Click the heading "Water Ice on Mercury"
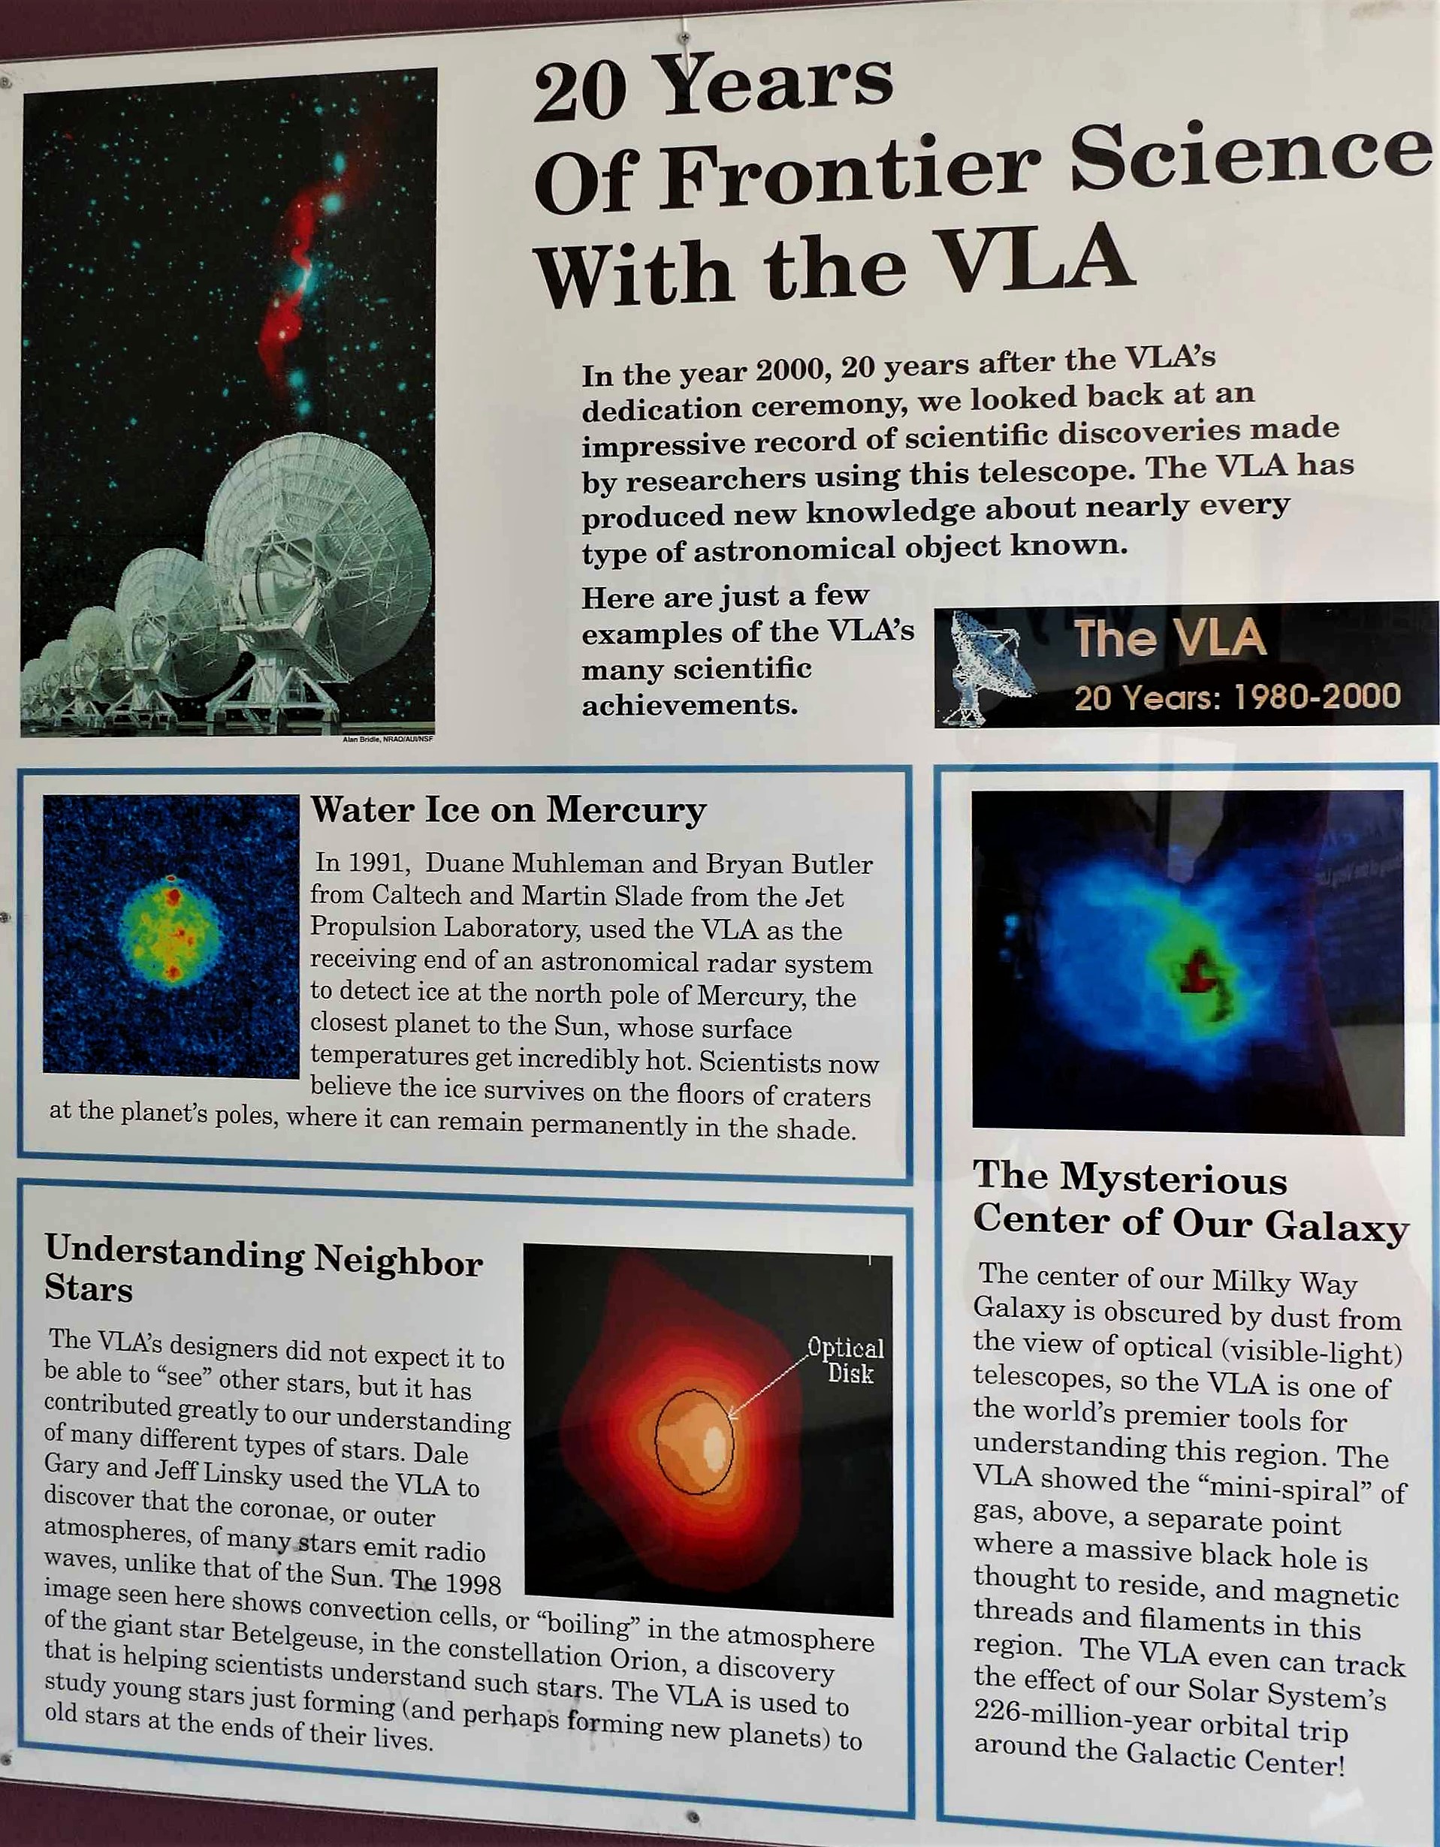[x=508, y=810]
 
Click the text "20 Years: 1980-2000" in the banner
[x=1237, y=698]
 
